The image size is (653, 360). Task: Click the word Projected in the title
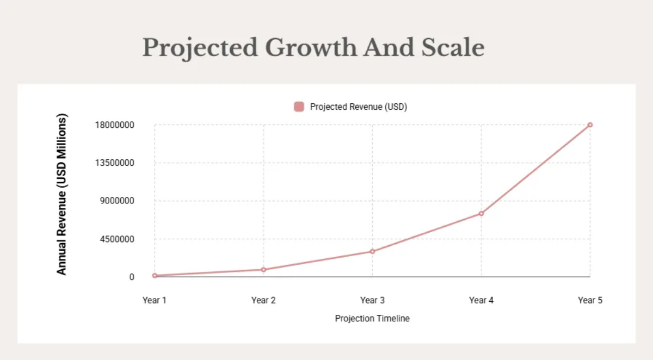(x=200, y=48)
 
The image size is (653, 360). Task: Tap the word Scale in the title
(x=453, y=48)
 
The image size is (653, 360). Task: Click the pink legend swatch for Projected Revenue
(x=299, y=107)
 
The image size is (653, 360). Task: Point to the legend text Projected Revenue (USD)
(x=359, y=107)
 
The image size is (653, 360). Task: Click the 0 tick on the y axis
(x=132, y=277)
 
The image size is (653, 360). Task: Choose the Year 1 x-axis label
(x=155, y=300)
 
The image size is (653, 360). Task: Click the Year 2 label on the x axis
(x=263, y=300)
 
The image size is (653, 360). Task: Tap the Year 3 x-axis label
(x=372, y=300)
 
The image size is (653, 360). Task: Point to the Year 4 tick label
(x=481, y=300)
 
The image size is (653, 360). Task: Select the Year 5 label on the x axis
(x=590, y=300)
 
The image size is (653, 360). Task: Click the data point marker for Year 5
(x=590, y=125)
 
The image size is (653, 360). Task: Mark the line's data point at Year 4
(x=481, y=213)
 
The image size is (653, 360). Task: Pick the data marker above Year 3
(x=372, y=251)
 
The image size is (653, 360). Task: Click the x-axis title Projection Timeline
(x=372, y=319)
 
